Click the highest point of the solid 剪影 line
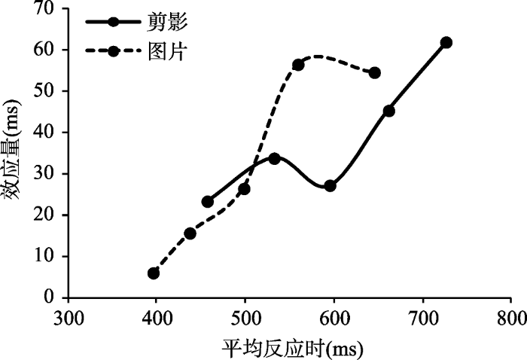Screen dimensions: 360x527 446,42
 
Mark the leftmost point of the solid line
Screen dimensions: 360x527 208,202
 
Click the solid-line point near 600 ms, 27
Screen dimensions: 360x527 330,185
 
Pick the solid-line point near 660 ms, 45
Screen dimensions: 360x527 388,111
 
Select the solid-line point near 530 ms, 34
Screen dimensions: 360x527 274,158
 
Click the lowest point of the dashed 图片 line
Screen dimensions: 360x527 154,273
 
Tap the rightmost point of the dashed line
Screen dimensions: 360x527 374,73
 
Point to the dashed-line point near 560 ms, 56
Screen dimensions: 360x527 298,65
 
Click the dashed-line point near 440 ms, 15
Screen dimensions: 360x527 190,233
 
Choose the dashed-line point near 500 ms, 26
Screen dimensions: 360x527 244,189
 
